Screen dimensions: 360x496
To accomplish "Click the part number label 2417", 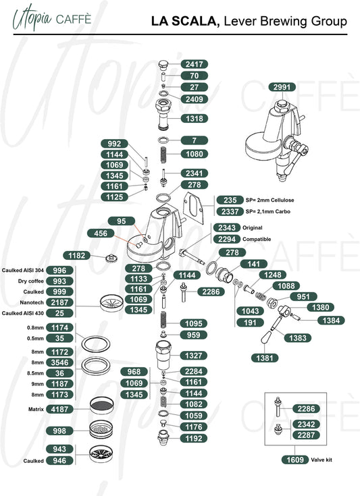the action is click(194, 64).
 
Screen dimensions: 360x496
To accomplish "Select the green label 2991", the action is click(282, 87).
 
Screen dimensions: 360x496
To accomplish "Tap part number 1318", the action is click(194, 119).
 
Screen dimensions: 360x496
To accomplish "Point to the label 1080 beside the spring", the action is click(194, 154).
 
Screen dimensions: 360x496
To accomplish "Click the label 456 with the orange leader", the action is click(101, 233).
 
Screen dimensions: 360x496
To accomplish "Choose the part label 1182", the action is click(76, 256).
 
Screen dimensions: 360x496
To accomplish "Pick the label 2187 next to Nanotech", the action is click(59, 302).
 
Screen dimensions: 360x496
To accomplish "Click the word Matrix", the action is click(36, 410).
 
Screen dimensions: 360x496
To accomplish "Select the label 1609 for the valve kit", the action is click(295, 460).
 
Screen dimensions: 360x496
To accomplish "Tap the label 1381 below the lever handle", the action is click(265, 358).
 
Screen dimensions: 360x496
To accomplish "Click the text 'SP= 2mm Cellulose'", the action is click(269, 200).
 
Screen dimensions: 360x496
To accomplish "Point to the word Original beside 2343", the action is click(253, 228).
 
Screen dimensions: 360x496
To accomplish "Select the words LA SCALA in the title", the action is click(185, 21).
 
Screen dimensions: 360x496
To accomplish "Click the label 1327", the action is click(193, 356).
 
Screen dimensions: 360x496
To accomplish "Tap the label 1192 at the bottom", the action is click(193, 439).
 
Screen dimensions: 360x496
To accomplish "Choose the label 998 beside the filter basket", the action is click(59, 431).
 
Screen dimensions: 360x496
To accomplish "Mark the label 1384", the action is click(331, 321).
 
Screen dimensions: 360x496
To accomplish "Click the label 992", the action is click(114, 144).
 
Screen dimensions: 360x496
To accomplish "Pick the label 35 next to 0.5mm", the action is click(59, 338).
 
